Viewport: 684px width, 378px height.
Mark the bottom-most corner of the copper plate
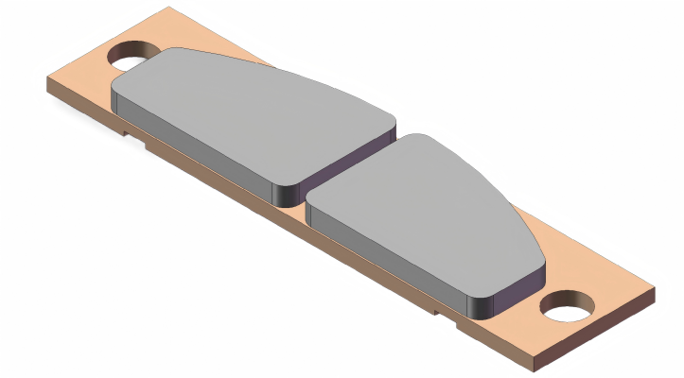point(535,363)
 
